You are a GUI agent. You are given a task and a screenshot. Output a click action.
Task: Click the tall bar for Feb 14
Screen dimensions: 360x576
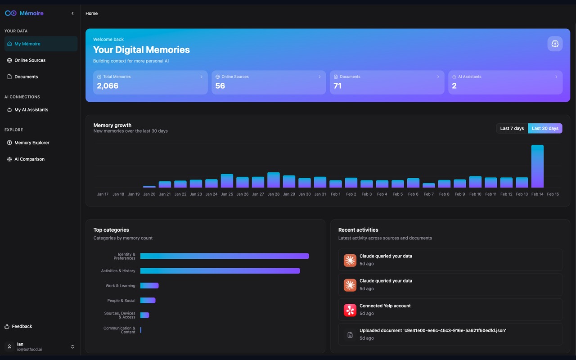[537, 166]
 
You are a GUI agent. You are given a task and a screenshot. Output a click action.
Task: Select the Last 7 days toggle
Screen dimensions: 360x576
[512, 128]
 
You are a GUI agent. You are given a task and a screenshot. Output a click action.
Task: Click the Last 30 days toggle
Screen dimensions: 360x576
[545, 128]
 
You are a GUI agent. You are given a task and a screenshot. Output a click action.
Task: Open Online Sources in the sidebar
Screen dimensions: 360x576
[30, 60]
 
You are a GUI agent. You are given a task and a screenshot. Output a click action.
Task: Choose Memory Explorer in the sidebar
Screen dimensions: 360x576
[31, 143]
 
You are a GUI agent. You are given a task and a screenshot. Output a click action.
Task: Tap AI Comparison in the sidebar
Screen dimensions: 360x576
[29, 159]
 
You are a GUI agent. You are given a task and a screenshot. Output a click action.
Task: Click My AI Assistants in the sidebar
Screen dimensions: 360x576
[31, 110]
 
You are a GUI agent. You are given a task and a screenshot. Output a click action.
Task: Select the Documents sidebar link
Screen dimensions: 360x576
[26, 77]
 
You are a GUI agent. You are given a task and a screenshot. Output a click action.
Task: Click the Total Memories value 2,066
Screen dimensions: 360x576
[108, 86]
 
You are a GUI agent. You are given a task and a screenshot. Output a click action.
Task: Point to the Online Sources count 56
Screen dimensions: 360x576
[220, 86]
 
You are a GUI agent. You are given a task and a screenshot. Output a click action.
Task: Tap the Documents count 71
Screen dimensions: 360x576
[337, 86]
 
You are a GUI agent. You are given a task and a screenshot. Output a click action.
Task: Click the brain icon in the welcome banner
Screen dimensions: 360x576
[555, 44]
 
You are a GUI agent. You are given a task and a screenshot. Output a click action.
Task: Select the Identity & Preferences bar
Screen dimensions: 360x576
[224, 256]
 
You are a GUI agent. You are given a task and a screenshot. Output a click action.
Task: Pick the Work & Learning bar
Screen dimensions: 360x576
[149, 286]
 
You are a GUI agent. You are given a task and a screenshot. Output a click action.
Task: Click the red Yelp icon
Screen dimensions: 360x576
[350, 310]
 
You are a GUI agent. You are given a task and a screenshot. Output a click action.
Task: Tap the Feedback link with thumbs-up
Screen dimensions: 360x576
[22, 327]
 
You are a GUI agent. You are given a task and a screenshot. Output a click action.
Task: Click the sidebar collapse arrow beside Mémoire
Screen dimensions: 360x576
[72, 13]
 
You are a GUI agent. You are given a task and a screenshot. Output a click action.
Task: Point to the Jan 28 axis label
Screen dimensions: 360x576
[274, 194]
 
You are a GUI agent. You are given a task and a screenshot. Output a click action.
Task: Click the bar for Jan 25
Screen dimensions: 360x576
[227, 181]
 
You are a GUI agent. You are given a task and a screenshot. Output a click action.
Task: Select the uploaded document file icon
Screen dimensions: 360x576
[350, 335]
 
